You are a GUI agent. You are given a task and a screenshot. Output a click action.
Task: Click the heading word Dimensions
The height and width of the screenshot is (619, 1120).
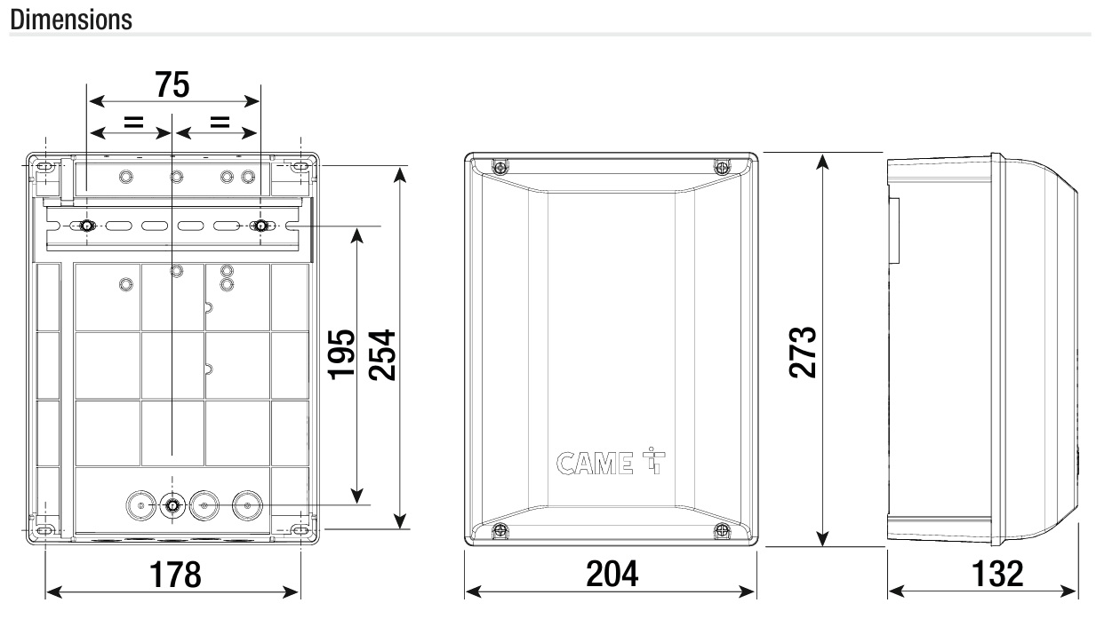pyautogui.click(x=70, y=19)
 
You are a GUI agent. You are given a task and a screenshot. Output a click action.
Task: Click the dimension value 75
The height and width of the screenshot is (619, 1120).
pyautogui.click(x=172, y=85)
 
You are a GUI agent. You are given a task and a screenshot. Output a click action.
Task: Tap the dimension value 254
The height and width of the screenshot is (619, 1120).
pyautogui.click(x=382, y=355)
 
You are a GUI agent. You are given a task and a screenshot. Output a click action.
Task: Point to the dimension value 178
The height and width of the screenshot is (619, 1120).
pyautogui.click(x=173, y=575)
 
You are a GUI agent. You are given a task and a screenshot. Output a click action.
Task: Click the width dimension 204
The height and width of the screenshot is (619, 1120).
pyautogui.click(x=612, y=575)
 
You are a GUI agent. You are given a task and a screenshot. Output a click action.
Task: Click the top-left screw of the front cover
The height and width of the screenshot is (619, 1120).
pyautogui.click(x=500, y=167)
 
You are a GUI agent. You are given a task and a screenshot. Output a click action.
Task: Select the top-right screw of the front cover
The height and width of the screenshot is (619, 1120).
pyautogui.click(x=721, y=167)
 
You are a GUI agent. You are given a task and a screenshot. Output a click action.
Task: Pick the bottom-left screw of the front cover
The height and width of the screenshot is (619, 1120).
pyautogui.click(x=500, y=530)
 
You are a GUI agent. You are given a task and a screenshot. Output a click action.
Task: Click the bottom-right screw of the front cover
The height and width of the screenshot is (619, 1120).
pyautogui.click(x=721, y=530)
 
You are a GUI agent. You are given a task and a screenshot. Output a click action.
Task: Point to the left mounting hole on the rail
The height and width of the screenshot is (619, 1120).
pyautogui.click(x=86, y=226)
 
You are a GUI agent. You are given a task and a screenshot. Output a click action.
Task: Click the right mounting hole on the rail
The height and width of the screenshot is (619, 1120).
pyautogui.click(x=260, y=226)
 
